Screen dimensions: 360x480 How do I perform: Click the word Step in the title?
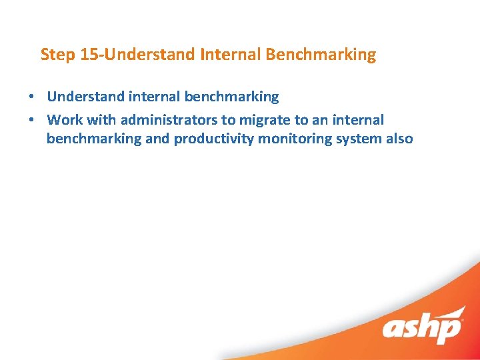pos(57,55)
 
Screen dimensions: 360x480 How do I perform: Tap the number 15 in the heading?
pos(89,55)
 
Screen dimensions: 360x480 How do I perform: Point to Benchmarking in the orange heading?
pos(321,55)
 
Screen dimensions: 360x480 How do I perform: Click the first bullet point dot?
pos(31,97)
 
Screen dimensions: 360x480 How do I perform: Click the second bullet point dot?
pos(31,121)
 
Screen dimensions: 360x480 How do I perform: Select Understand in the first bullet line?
pos(85,97)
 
